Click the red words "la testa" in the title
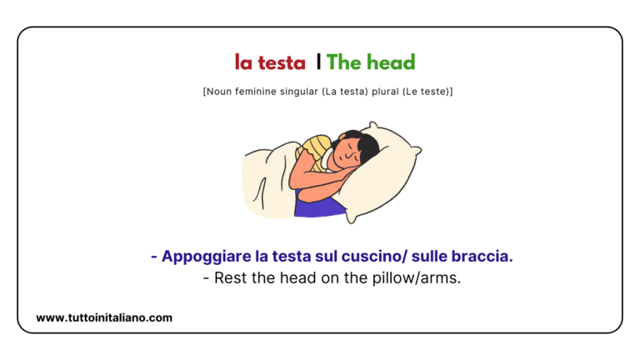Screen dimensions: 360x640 click(x=270, y=62)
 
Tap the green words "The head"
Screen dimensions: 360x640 click(x=371, y=62)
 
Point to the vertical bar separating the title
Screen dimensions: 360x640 click(x=318, y=62)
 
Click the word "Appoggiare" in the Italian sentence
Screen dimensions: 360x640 click(x=203, y=257)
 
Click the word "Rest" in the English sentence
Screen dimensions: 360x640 click(x=229, y=278)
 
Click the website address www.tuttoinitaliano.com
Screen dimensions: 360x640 click(x=104, y=317)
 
